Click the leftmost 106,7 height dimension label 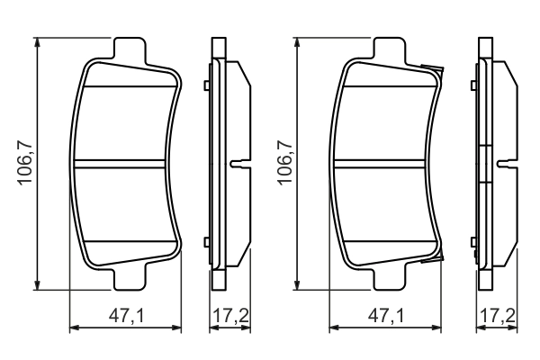point(27,163)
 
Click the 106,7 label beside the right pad point(285,163)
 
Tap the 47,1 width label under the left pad point(126,316)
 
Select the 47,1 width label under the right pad point(385,316)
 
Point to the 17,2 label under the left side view point(230,316)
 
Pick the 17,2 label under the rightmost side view point(498,316)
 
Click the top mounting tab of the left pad point(130,50)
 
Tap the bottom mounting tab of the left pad point(130,278)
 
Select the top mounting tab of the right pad point(389,50)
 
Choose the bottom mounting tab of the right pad point(389,278)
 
